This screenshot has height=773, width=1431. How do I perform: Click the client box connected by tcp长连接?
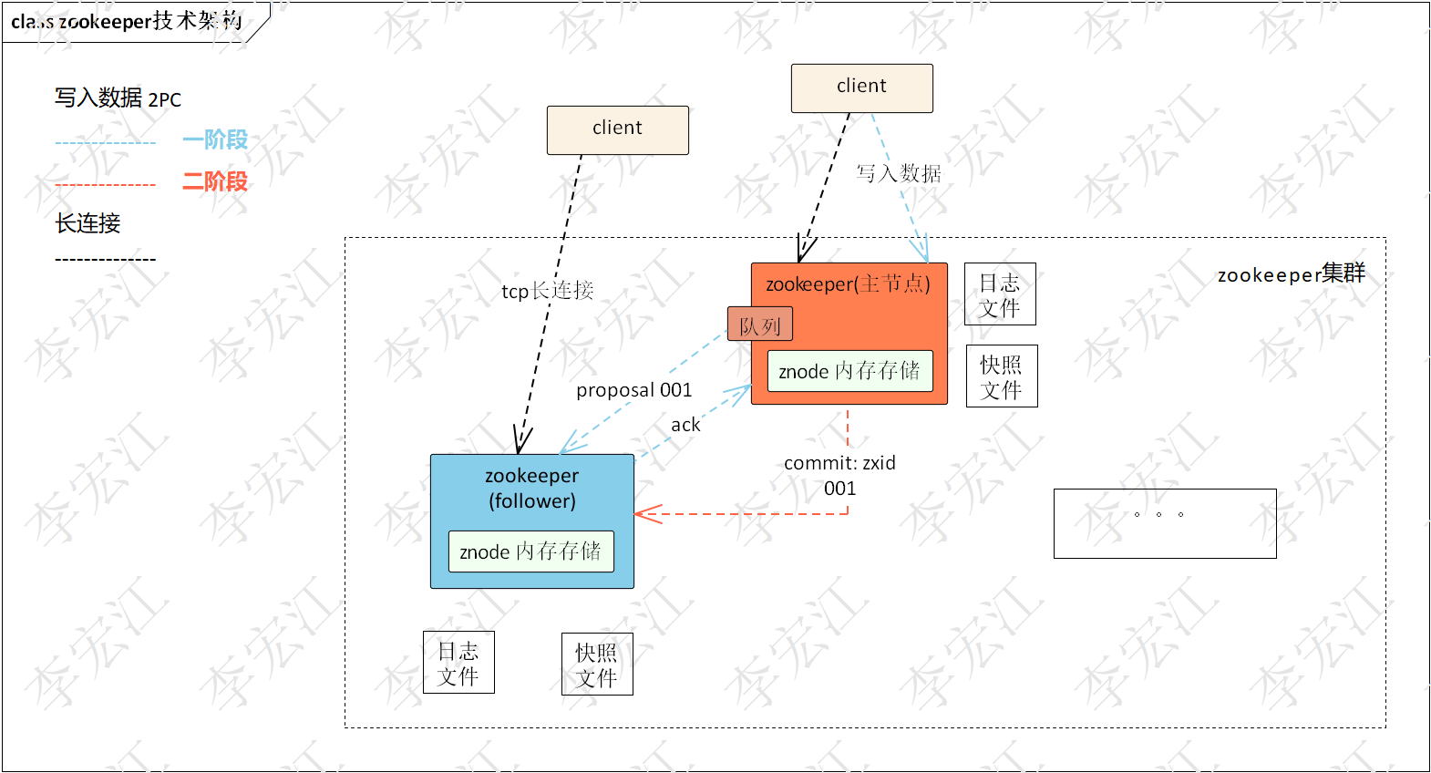pos(617,129)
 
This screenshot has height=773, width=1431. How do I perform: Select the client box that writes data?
pos(861,88)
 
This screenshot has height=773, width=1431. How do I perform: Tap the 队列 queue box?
pos(759,325)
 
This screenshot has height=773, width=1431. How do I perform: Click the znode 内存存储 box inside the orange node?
pos(849,371)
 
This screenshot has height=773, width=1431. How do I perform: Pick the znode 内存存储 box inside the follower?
pos(530,551)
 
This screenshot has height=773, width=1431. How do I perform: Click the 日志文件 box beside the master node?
pos(1000,294)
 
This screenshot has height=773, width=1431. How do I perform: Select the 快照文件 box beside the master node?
pos(1001,376)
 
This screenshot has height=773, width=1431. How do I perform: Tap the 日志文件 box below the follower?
pos(458,663)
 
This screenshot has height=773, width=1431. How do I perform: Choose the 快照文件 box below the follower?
pos(597,665)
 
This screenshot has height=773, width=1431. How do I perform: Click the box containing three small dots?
pos(1164,523)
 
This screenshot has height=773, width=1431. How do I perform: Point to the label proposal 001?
pos(633,390)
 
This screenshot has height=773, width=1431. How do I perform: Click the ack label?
pos(685,425)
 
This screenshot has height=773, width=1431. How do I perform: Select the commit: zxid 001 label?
pos(839,475)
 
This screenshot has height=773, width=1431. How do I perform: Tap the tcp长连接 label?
pos(547,291)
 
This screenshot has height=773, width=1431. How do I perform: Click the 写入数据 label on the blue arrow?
pos(898,173)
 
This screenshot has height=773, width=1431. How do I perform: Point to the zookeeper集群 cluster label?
pos(1291,273)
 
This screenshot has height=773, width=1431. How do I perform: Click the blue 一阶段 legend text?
pos(215,139)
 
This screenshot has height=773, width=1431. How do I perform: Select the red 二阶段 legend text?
pos(215,181)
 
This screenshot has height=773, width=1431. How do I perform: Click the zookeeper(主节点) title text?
pos(848,283)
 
